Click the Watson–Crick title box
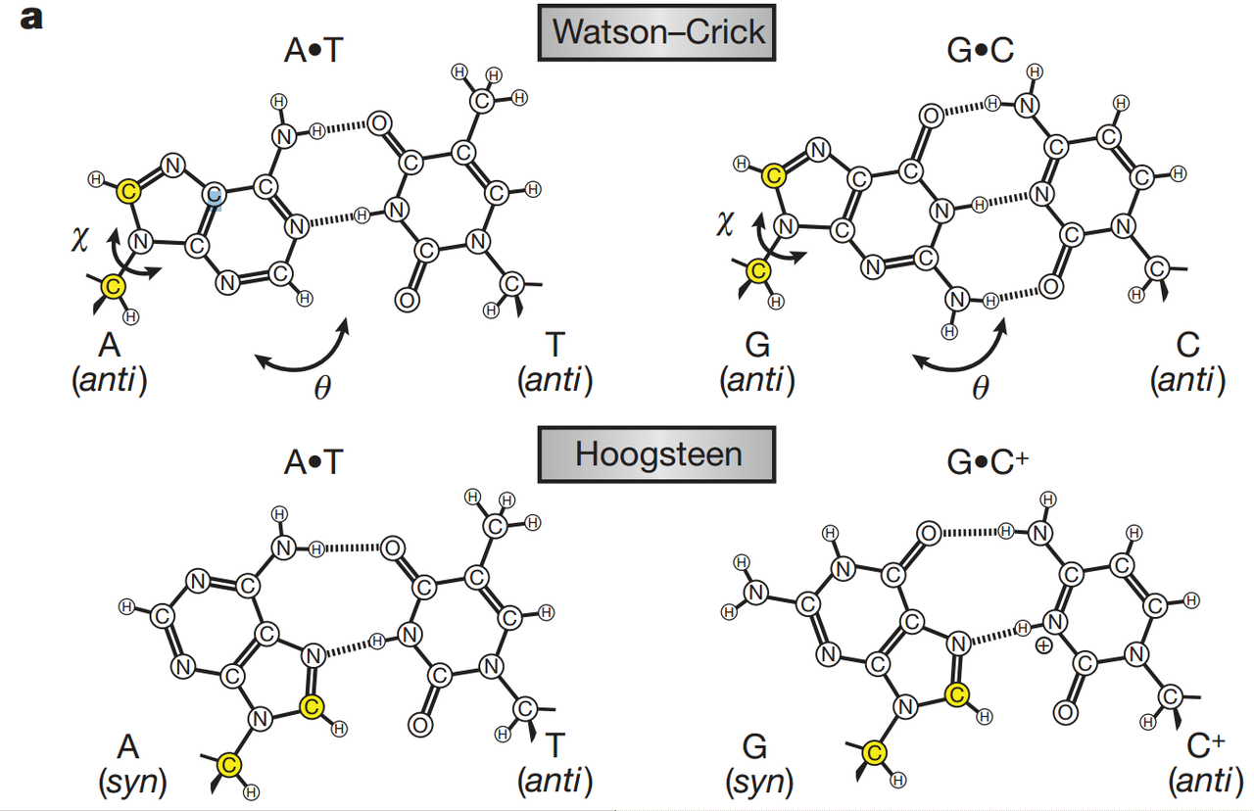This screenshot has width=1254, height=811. point(656,32)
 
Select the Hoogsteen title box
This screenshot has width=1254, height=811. point(656,454)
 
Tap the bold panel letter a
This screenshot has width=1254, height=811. point(31,19)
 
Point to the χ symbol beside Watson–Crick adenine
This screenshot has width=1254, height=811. point(80,240)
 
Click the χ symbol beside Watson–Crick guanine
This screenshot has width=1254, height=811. point(724,224)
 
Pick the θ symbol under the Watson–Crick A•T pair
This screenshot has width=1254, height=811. point(322,387)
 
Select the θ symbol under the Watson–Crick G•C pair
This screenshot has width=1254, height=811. point(981,387)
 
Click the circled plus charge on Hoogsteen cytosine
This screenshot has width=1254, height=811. point(1043,646)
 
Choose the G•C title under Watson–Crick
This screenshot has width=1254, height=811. point(981,50)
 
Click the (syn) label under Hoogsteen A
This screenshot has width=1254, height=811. point(132,782)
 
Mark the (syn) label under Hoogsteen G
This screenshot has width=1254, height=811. point(759,782)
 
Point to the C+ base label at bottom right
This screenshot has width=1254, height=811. point(1206,745)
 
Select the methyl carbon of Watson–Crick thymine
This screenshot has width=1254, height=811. point(481,101)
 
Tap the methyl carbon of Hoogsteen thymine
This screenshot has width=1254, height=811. point(495,526)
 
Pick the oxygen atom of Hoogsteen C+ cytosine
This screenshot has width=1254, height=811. point(1065,712)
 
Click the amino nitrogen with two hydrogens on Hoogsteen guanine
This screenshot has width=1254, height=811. point(756,593)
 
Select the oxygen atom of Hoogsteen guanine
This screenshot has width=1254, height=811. point(929,534)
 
